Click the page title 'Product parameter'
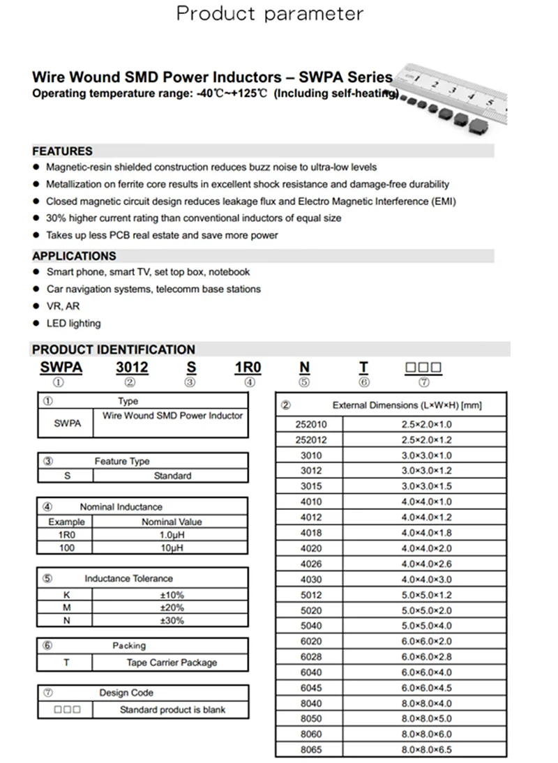click(269, 13)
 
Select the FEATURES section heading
click(62, 151)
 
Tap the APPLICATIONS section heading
click(74, 256)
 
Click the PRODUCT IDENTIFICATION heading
click(114, 349)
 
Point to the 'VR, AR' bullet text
click(63, 306)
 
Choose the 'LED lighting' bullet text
click(73, 324)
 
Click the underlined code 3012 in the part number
click(131, 368)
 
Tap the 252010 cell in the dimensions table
click(310, 424)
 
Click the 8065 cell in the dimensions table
click(310, 750)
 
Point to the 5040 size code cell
click(310, 626)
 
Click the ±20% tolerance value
click(172, 607)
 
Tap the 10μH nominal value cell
click(172, 548)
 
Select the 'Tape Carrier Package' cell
click(172, 663)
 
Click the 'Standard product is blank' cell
click(172, 710)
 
